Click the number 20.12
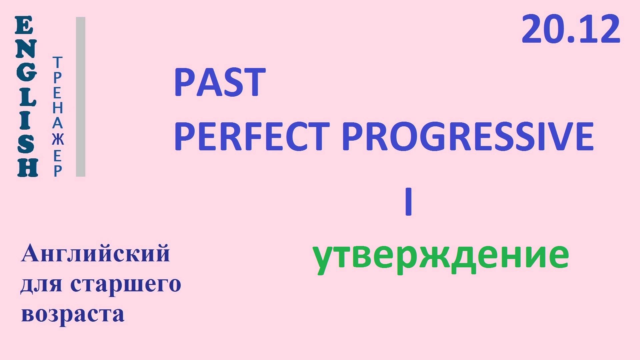(x=571, y=29)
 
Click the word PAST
(x=220, y=82)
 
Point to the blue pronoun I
(x=408, y=202)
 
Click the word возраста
(x=73, y=314)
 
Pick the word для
(x=41, y=285)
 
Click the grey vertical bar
(x=81, y=97)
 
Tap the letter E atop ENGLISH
(x=24, y=26)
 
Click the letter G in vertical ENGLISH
(x=26, y=72)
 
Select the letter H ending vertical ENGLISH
(x=28, y=167)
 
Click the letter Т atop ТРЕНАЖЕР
(x=58, y=62)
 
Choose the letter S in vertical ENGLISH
(x=26, y=144)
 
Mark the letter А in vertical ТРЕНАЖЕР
(x=58, y=124)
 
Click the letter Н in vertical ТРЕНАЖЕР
(x=58, y=108)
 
